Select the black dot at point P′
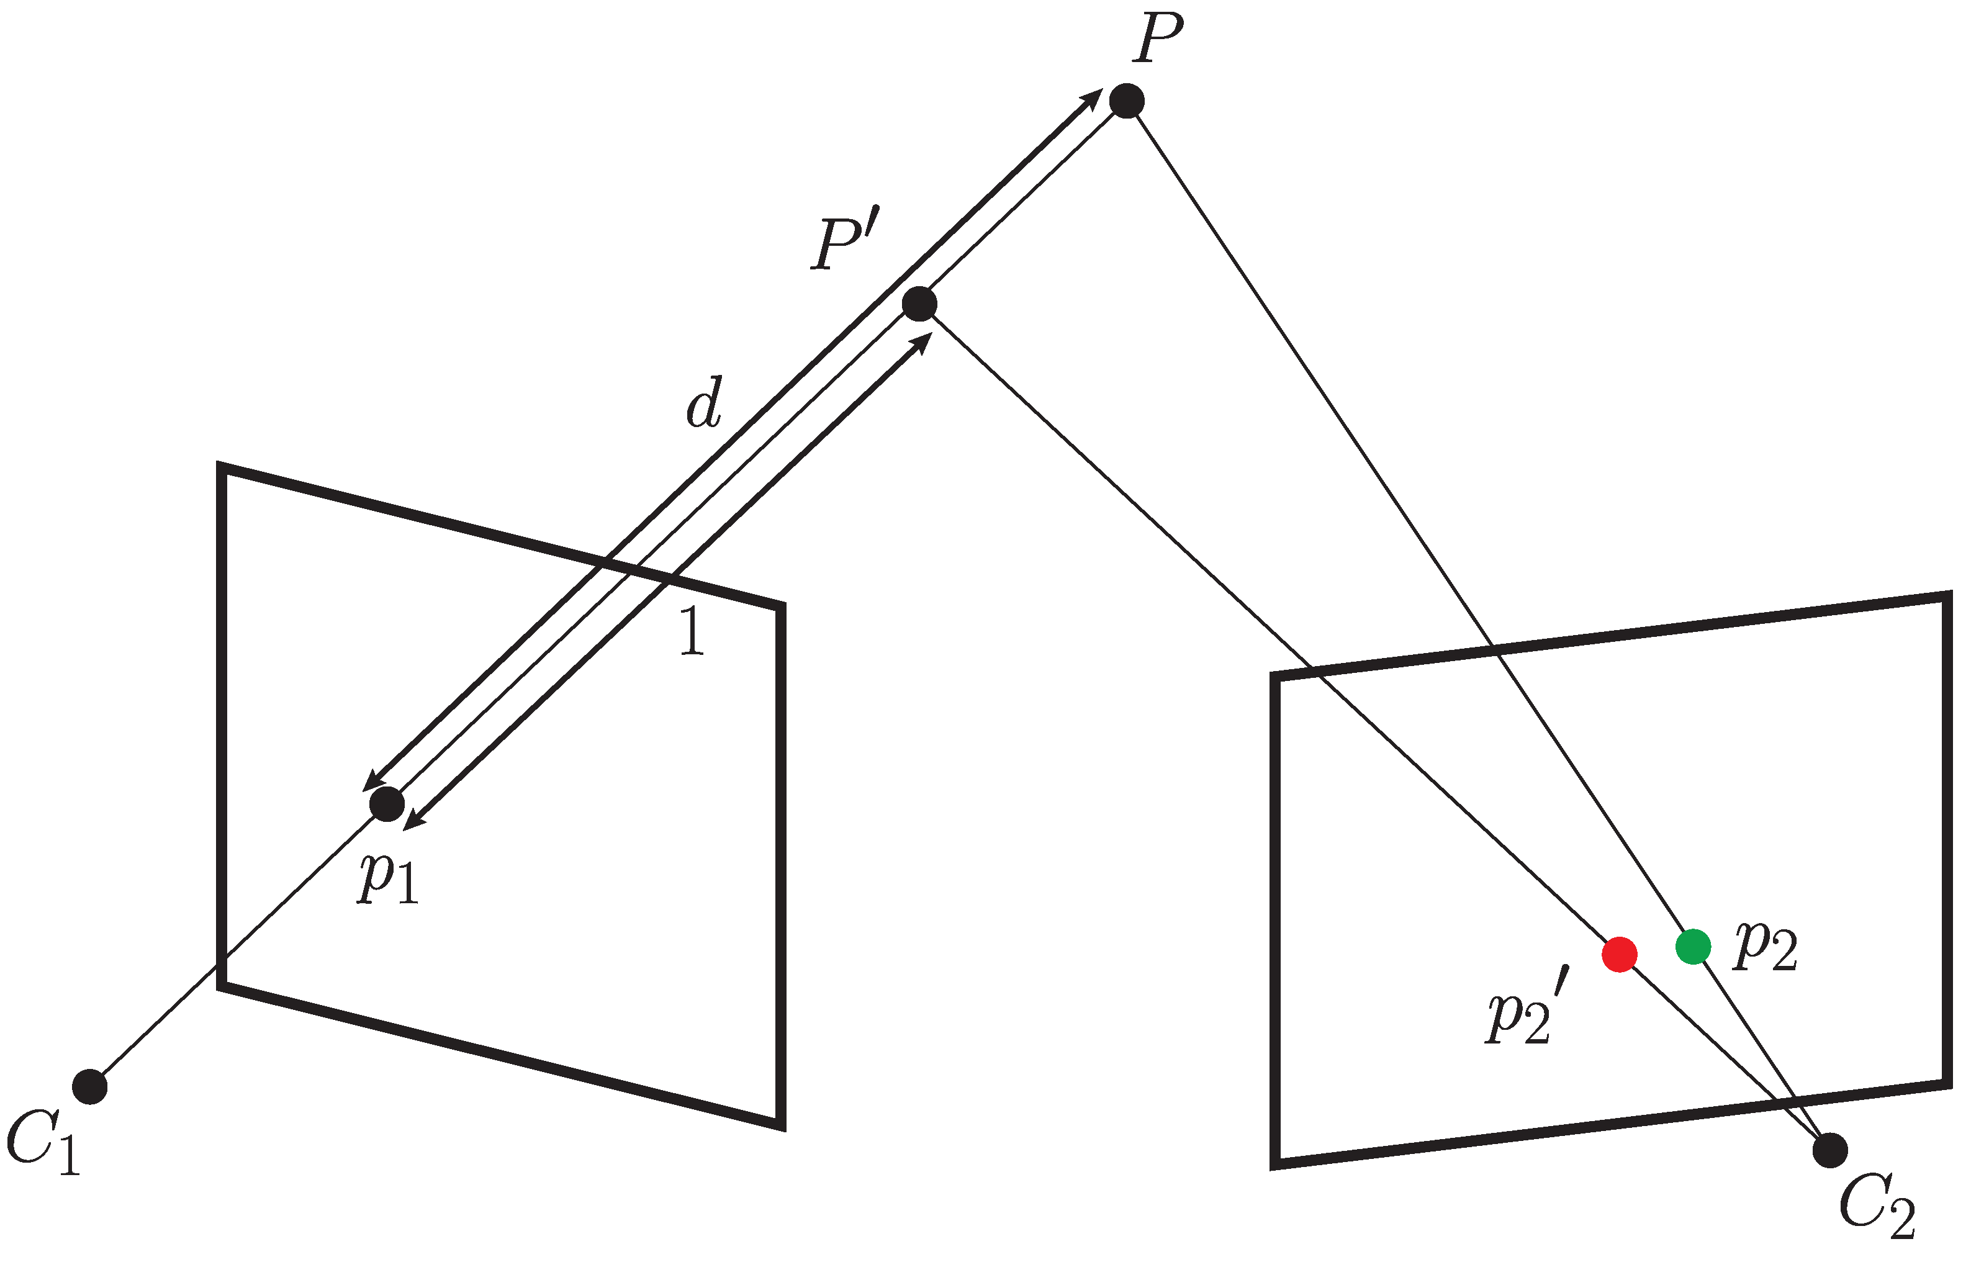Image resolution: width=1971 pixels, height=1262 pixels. [919, 304]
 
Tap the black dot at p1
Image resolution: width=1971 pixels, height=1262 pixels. [387, 804]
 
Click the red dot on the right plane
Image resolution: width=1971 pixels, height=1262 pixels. [1620, 955]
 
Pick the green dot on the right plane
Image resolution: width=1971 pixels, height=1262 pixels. [1693, 947]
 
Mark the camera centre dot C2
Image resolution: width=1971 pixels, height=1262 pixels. [1830, 1150]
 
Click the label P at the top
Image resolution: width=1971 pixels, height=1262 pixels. [1158, 39]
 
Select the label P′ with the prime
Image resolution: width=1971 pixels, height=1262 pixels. [844, 243]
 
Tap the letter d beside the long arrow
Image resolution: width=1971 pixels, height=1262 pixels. [704, 403]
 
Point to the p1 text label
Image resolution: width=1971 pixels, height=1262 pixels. [387, 878]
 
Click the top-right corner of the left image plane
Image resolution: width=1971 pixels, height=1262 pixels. [781, 606]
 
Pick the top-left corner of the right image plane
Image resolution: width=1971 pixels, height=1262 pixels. [1275, 676]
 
